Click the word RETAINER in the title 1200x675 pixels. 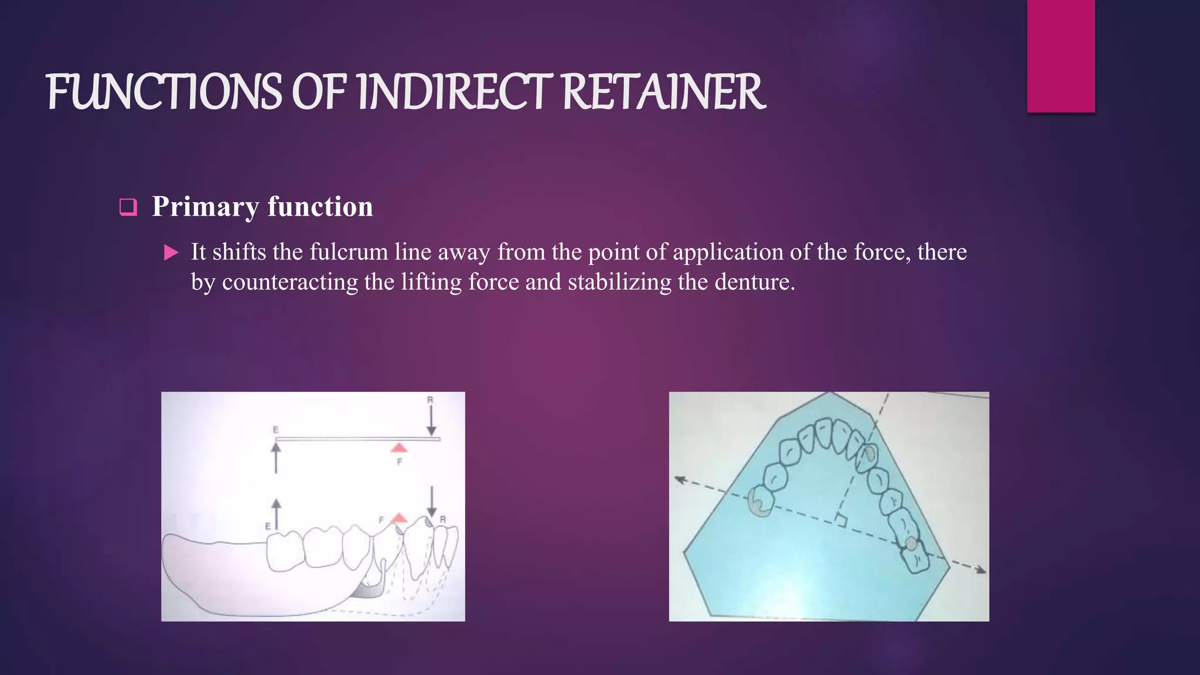point(663,92)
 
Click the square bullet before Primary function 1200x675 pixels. point(128,207)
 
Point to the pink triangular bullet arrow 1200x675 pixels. point(171,253)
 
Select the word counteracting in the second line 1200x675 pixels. point(290,282)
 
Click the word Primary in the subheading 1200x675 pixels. point(205,207)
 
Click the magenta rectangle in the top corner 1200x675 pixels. point(1061,56)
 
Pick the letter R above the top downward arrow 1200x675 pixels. point(430,400)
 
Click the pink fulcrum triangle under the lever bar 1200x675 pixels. point(399,448)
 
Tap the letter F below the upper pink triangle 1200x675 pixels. point(400,462)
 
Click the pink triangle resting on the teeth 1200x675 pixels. point(399,517)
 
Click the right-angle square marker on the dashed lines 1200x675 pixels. point(841,520)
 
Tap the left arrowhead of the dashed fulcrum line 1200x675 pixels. point(679,479)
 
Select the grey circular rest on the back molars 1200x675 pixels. point(911,544)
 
